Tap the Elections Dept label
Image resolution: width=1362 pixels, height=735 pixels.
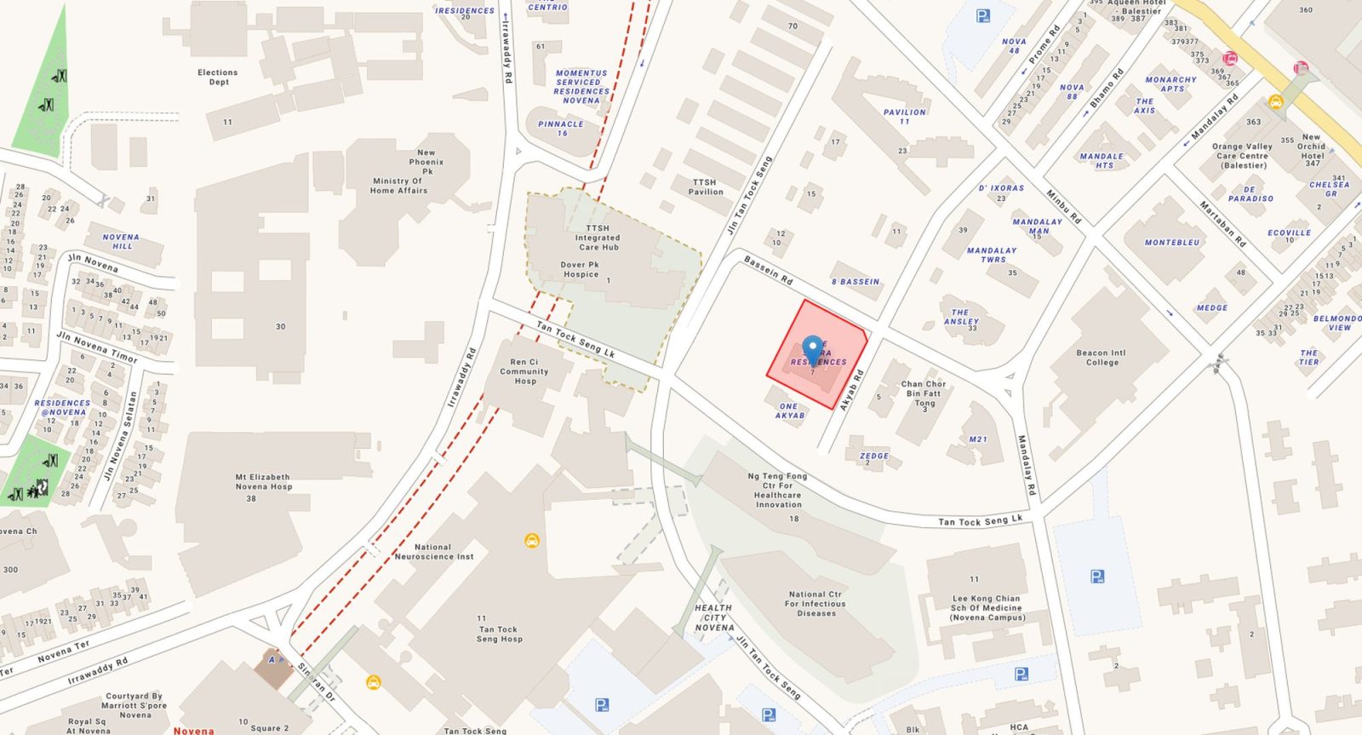[218, 78]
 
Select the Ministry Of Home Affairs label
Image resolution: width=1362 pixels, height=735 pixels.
[399, 186]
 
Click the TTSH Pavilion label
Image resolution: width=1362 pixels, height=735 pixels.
[705, 187]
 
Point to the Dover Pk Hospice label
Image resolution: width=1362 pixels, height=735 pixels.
[580, 269]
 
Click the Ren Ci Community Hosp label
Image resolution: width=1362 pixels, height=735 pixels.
[524, 371]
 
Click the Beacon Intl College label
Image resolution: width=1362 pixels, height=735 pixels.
[1102, 357]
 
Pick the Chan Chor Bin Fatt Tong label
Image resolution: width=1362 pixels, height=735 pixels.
[924, 393]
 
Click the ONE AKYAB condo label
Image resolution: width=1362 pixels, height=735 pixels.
[789, 411]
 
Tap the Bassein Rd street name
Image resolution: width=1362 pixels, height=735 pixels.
[768, 270]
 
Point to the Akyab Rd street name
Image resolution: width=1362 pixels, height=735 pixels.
[851, 390]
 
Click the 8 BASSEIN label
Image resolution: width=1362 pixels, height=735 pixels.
[856, 281]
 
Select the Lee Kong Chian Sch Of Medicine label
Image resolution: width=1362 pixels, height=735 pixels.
[987, 608]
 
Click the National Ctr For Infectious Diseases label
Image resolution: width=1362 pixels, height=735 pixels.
[815, 604]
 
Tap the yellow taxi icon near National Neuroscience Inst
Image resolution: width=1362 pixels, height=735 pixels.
[532, 540]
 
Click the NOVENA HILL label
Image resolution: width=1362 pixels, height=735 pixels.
[120, 242]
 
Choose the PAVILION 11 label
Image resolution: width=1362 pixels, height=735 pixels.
[904, 117]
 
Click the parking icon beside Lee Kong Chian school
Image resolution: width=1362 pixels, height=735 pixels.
[1098, 577]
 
